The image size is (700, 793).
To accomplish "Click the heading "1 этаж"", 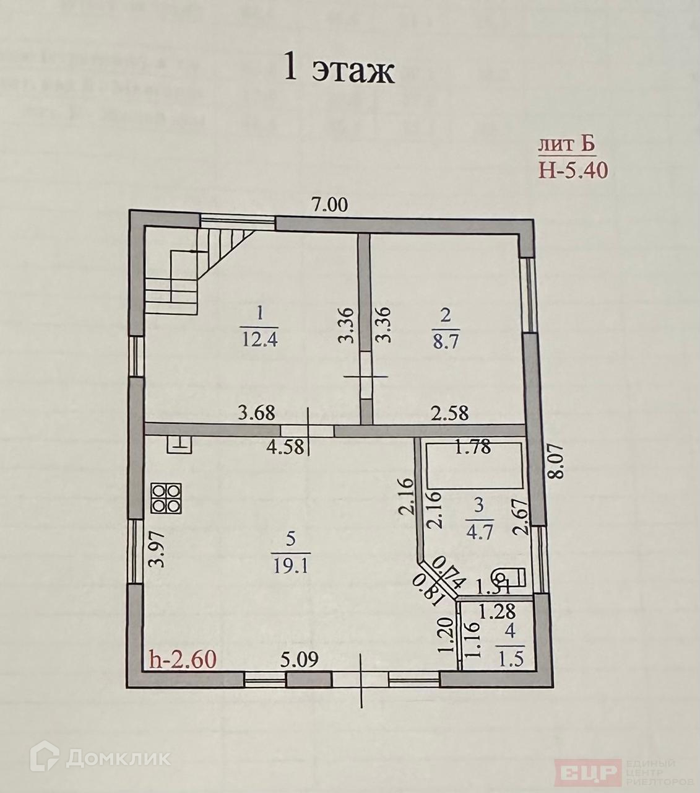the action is pyautogui.click(x=338, y=70).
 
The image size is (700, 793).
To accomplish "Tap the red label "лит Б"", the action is pyautogui.click(x=566, y=146).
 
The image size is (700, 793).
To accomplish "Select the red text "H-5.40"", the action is pyautogui.click(x=573, y=169).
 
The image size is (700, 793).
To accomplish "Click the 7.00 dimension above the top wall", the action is pyautogui.click(x=329, y=204).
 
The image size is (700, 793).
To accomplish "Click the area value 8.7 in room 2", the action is pyautogui.click(x=445, y=340).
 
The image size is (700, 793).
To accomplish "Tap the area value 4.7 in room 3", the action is pyautogui.click(x=480, y=531).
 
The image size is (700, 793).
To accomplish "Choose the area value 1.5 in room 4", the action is pyautogui.click(x=510, y=659).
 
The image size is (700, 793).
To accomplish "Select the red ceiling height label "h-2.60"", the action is pyautogui.click(x=183, y=659).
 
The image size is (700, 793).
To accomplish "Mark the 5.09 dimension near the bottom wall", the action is pyautogui.click(x=298, y=659).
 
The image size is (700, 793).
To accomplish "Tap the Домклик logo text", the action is pyautogui.click(x=105, y=757).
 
